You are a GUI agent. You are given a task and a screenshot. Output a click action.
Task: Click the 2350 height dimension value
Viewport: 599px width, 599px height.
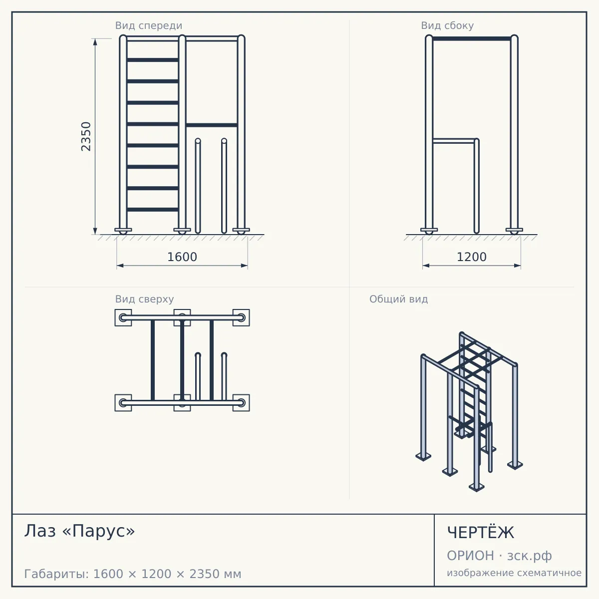[x=86, y=136]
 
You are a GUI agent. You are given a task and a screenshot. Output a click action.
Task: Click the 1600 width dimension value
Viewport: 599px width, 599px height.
[x=182, y=257]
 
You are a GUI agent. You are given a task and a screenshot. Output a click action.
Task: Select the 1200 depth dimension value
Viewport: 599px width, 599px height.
[x=472, y=257]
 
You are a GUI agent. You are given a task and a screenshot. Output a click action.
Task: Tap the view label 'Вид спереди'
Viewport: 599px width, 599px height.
[x=149, y=25]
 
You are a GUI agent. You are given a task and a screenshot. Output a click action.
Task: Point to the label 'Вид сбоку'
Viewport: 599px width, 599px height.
[x=447, y=25]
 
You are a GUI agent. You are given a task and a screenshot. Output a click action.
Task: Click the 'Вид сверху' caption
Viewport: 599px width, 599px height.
[x=144, y=299]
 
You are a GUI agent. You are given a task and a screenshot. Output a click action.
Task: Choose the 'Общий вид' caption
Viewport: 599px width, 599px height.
[x=398, y=299]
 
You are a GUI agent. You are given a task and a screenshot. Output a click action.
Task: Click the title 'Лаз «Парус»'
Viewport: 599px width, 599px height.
[x=79, y=531]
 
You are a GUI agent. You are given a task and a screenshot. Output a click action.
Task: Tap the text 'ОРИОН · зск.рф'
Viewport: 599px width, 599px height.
[x=499, y=556]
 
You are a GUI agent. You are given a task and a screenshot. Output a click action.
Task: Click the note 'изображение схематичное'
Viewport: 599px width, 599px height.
[x=514, y=573]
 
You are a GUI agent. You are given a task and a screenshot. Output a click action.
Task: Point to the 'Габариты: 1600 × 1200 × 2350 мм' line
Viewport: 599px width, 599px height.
[x=133, y=574]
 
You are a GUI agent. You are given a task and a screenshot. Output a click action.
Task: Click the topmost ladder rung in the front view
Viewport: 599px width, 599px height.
[x=153, y=60]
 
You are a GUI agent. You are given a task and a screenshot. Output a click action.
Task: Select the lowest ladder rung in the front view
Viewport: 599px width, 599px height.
[x=153, y=210]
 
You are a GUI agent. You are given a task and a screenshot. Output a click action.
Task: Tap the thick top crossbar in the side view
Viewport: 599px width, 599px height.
[x=472, y=39]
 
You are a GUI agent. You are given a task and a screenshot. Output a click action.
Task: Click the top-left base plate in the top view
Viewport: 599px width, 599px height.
[x=123, y=317]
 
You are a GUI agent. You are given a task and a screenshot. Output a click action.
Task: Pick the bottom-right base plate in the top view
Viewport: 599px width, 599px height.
[x=241, y=403]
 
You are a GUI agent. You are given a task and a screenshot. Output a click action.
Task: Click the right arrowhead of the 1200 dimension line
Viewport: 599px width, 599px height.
[x=517, y=266]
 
